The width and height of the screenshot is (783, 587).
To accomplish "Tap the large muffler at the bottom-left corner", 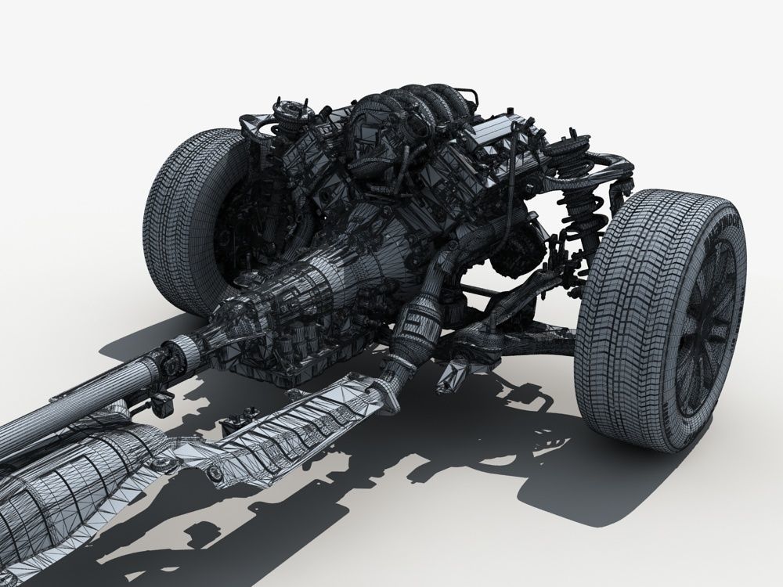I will [47, 501].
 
